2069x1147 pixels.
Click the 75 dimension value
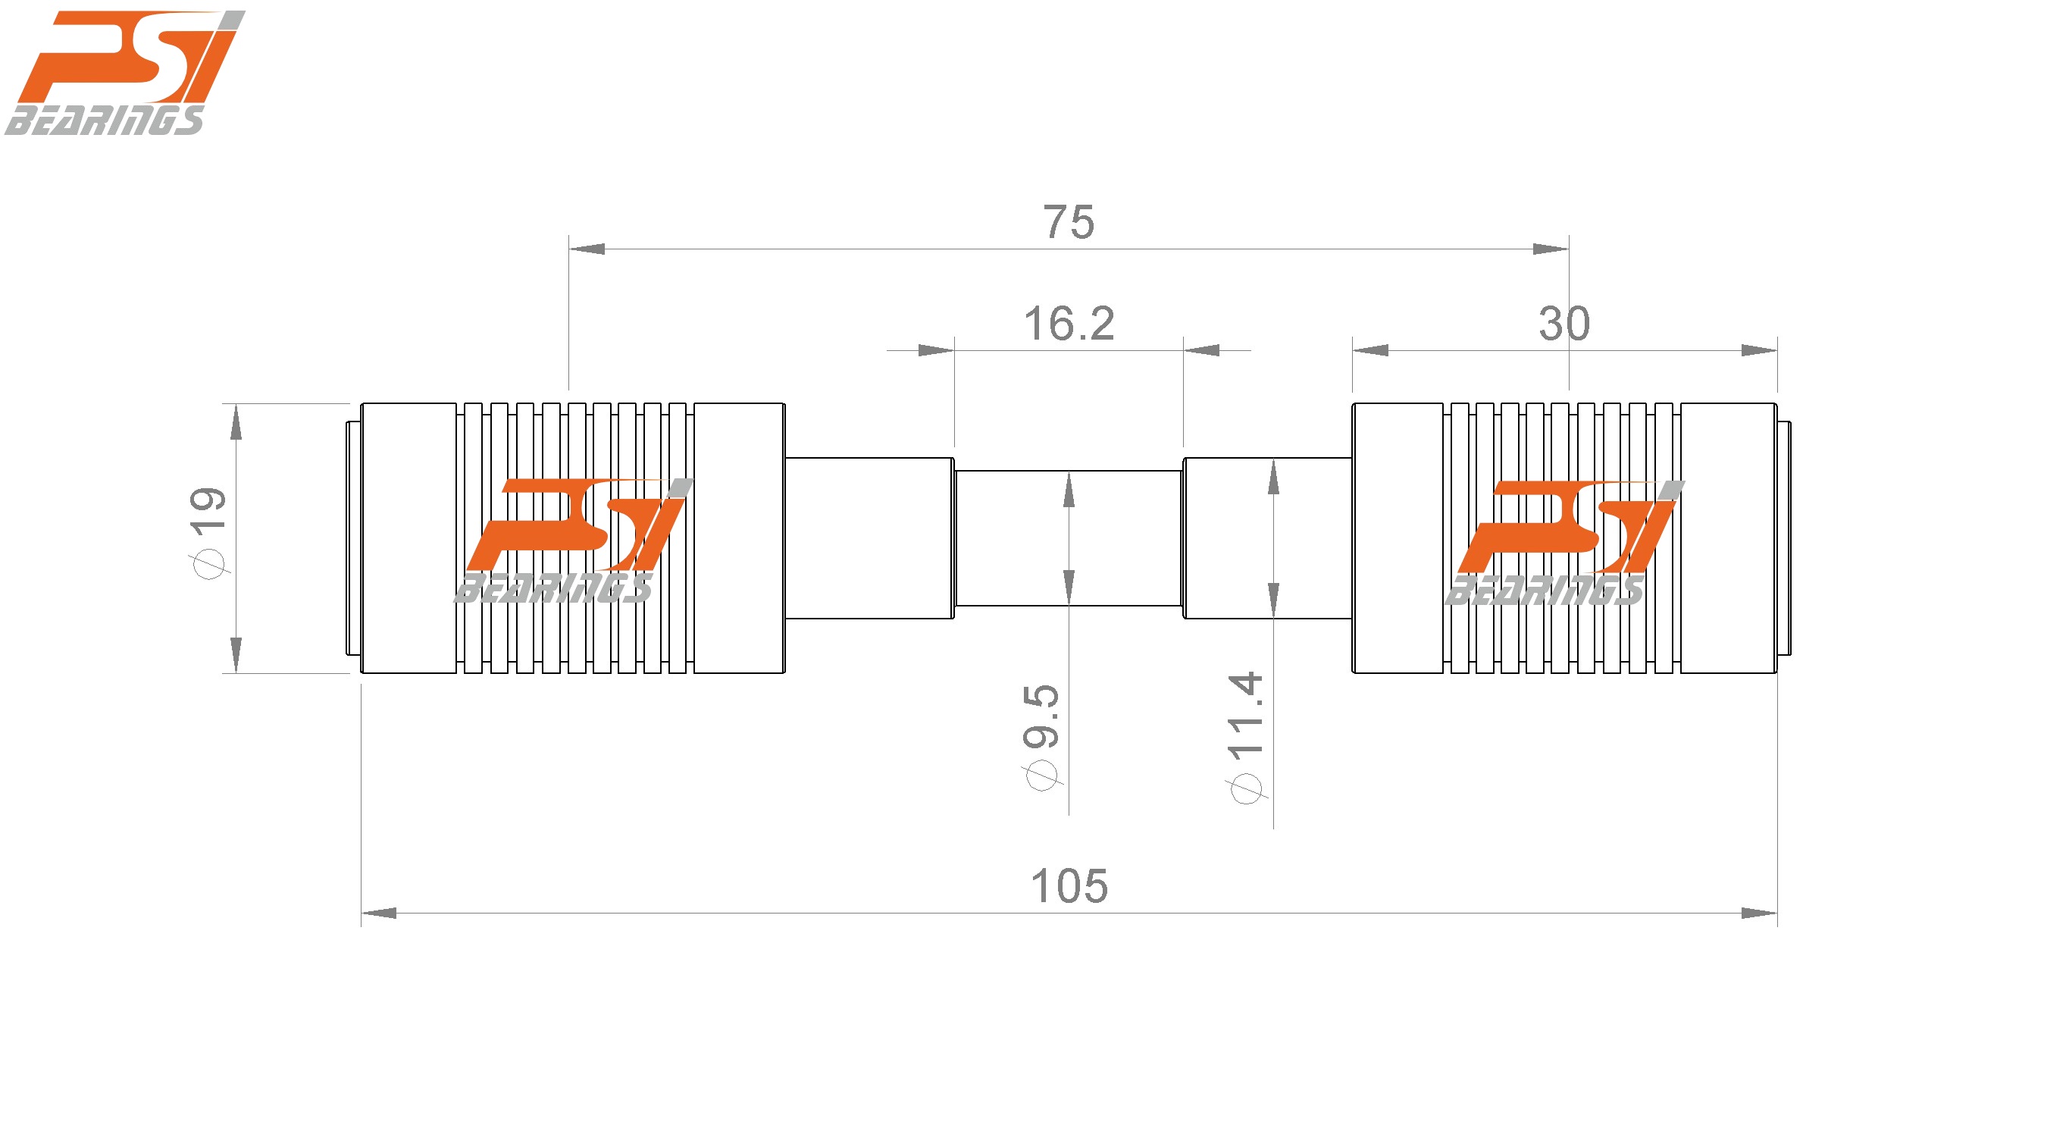click(1069, 222)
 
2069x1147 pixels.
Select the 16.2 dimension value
click(1069, 324)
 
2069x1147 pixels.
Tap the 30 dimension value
click(1563, 324)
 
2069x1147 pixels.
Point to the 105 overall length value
click(1069, 887)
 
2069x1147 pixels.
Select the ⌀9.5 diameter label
click(1043, 737)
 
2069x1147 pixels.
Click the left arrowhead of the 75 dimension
click(587, 249)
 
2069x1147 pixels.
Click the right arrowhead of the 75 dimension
click(1551, 249)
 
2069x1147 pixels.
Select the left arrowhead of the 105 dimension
click(379, 914)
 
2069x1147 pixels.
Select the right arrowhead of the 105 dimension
click(1759, 914)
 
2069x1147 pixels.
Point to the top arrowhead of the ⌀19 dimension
click(236, 423)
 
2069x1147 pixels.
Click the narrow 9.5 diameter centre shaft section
click(1125, 538)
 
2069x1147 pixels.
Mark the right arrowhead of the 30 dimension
click(1759, 350)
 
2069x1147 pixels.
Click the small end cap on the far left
click(352, 538)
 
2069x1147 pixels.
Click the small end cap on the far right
click(1784, 538)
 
